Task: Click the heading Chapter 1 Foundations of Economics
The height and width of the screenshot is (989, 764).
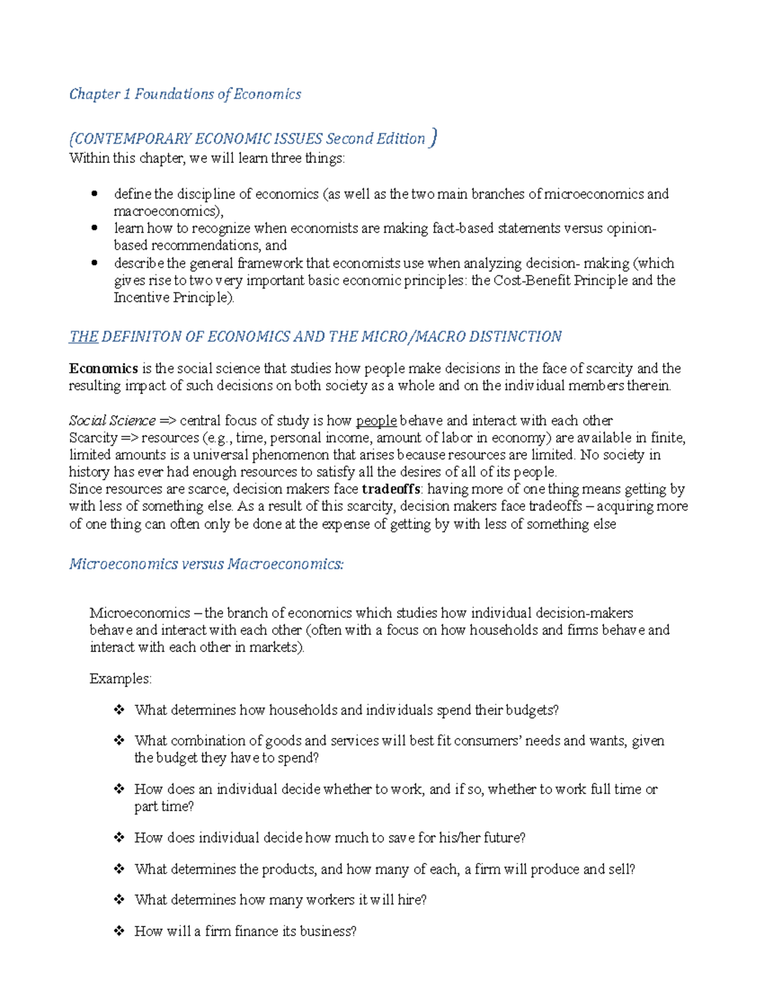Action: point(185,94)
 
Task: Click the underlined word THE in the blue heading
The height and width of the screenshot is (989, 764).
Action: point(83,337)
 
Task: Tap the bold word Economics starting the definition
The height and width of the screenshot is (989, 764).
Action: point(103,369)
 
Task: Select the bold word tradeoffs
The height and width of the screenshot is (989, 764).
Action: point(391,489)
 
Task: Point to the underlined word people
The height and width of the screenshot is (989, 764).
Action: point(376,421)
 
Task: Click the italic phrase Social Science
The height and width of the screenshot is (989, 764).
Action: point(112,421)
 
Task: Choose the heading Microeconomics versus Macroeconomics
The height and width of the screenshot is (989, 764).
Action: point(206,564)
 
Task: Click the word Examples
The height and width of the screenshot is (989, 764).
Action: point(120,679)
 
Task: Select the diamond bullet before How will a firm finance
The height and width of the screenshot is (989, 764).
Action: point(118,931)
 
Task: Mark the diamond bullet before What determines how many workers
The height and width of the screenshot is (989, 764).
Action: point(118,900)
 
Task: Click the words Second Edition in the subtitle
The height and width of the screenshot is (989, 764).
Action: point(375,139)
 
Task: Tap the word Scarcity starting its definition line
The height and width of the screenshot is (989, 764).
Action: point(93,438)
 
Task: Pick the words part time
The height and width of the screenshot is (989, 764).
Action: point(163,807)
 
